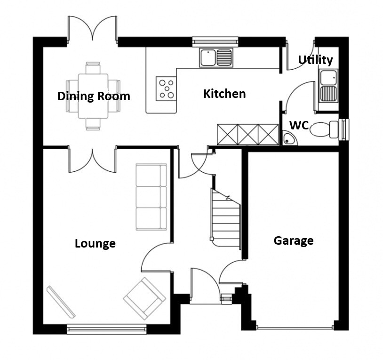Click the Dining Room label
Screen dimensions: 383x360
94,96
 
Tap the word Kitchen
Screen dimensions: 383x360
224,94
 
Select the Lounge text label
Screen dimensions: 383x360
95,243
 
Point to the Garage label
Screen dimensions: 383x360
294,241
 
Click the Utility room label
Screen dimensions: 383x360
315,60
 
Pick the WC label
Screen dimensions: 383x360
299,125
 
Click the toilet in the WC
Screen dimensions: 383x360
324,129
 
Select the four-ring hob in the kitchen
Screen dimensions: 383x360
166,88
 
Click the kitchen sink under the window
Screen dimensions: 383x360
216,57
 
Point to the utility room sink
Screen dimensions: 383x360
328,86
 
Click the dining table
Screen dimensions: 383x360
93,96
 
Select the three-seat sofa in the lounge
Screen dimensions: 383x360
151,197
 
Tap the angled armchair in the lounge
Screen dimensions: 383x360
144,298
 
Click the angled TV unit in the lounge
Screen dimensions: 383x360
61,302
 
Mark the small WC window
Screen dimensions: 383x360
344,129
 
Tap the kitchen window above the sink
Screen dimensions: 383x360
215,41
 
